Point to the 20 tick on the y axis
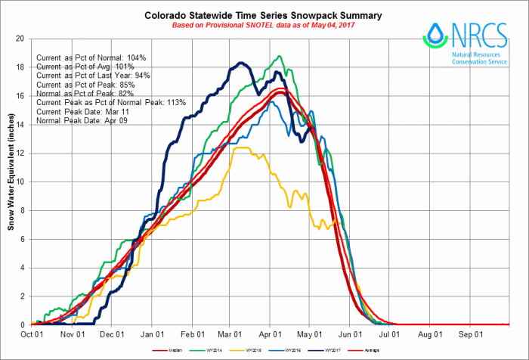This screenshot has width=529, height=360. (20, 39)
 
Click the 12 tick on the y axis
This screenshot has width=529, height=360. (20, 153)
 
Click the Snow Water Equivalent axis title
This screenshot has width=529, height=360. (10, 181)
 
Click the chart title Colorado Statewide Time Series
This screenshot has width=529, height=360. (262, 15)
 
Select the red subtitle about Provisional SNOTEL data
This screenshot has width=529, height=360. (262, 26)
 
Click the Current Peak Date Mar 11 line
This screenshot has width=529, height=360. (82, 110)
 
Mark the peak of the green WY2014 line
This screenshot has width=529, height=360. (280, 56)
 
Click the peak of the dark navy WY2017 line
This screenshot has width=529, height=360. (240, 63)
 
